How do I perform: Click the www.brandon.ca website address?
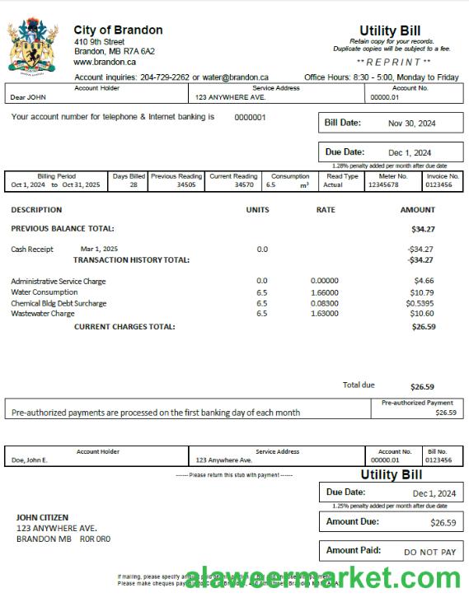[x=105, y=62]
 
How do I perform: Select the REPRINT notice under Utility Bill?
[x=393, y=63]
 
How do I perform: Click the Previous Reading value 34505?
[x=186, y=185]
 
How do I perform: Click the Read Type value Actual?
[x=332, y=185]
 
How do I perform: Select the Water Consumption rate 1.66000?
[x=325, y=292]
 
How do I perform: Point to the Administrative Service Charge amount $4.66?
[x=424, y=282]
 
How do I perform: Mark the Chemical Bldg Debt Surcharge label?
[x=59, y=303]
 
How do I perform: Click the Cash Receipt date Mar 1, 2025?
[x=99, y=249]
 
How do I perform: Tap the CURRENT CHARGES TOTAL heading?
[x=124, y=327]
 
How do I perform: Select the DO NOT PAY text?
[x=429, y=553]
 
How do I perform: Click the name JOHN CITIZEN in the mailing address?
[x=42, y=518]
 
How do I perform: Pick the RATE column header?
[x=326, y=210]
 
